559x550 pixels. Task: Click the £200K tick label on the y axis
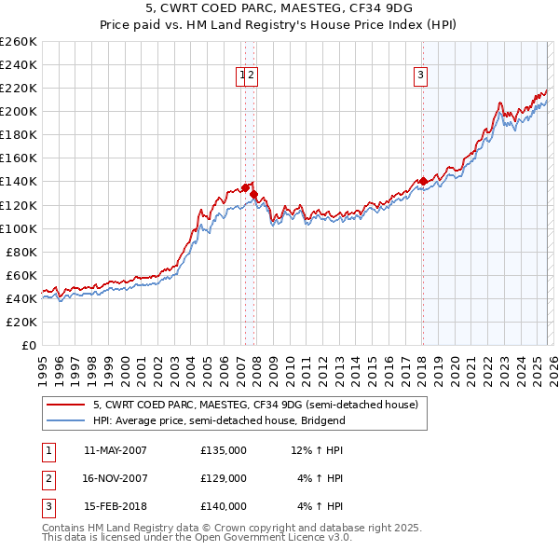click(18, 111)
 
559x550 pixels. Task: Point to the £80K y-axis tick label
click(20, 252)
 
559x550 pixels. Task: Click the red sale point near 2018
click(423, 181)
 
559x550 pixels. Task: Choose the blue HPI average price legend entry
click(219, 421)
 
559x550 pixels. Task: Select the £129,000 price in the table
click(224, 478)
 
